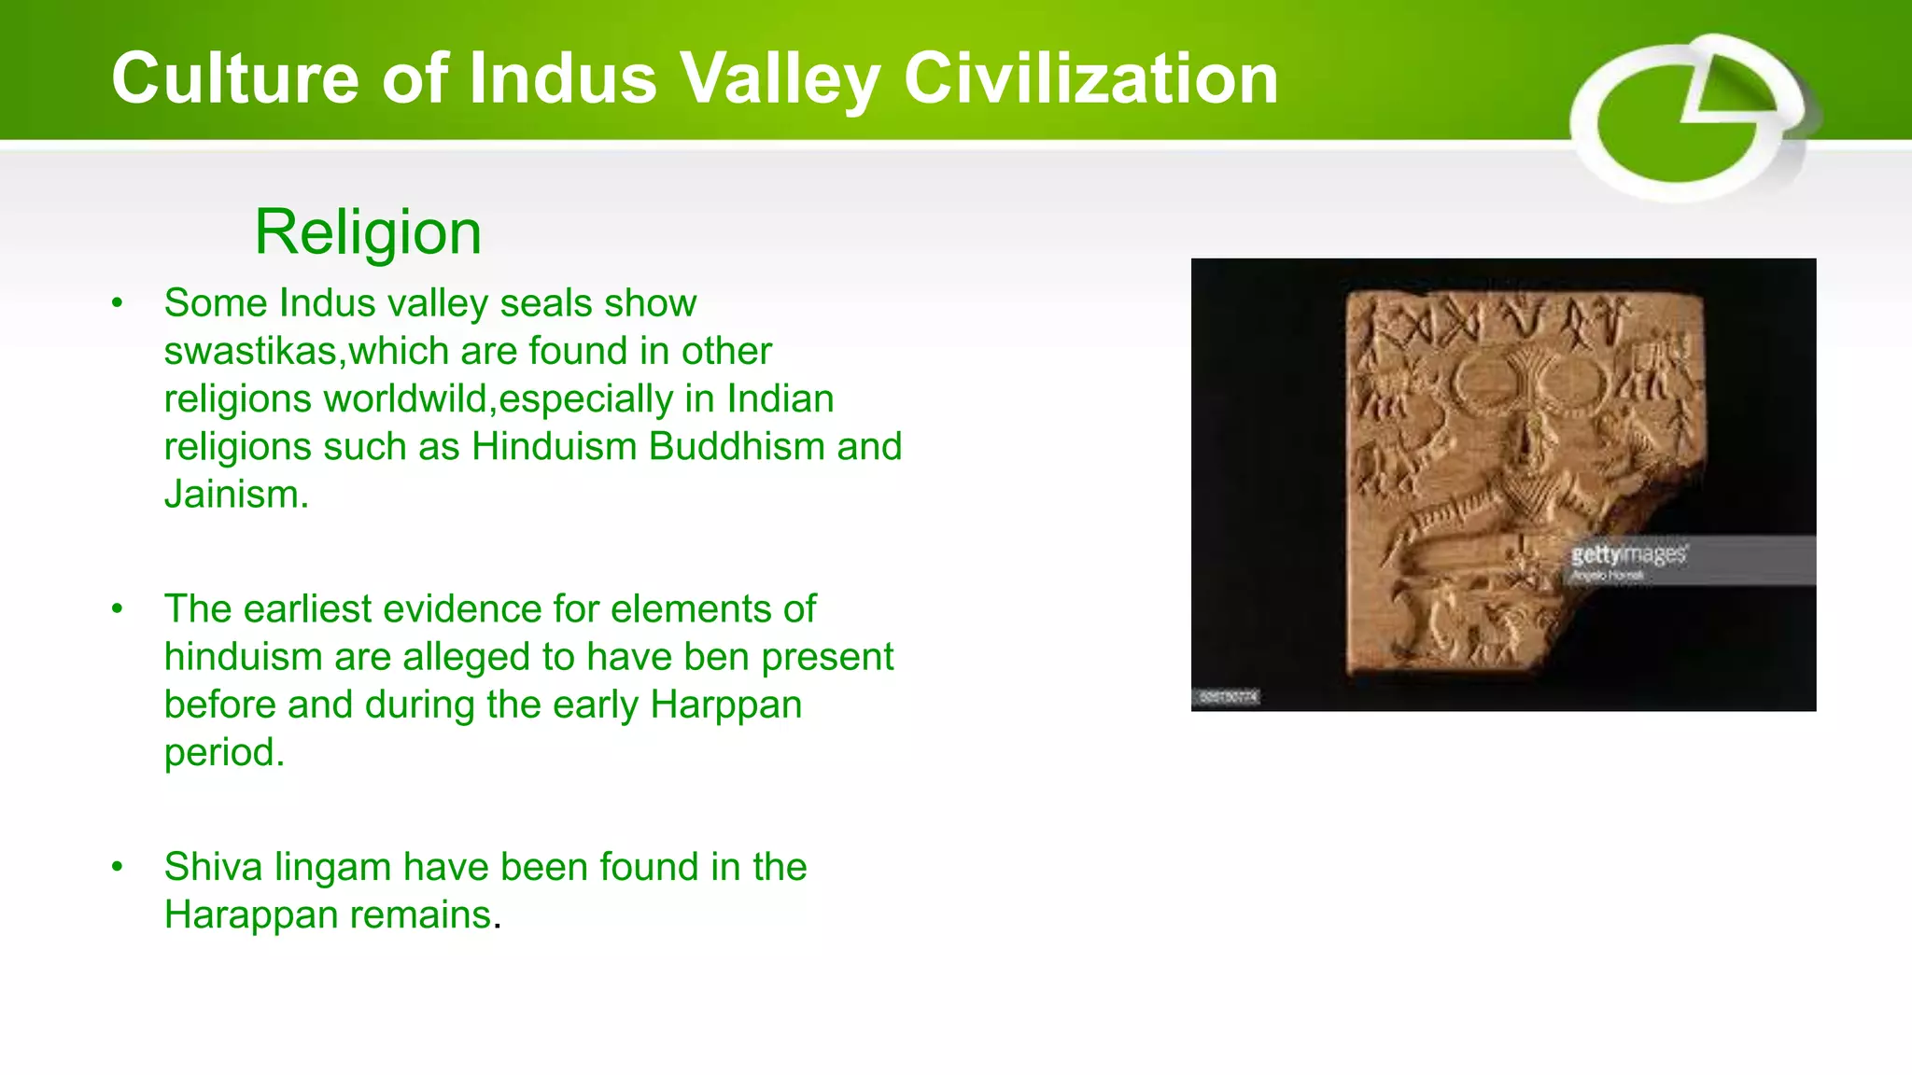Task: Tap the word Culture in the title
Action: click(x=234, y=78)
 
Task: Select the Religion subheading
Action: click(x=368, y=231)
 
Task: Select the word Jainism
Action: click(x=235, y=495)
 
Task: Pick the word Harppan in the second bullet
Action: click(x=725, y=705)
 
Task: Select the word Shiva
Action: click(x=213, y=867)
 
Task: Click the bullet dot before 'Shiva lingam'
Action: click(x=117, y=867)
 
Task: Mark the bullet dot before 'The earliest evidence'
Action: click(x=117, y=609)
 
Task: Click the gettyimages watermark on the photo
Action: click(x=1629, y=555)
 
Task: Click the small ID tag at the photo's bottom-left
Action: click(x=1228, y=697)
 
